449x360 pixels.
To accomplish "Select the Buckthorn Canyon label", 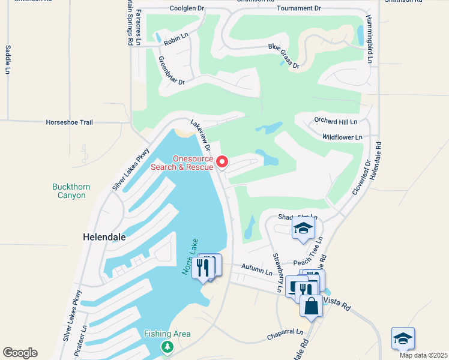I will coord(71,191).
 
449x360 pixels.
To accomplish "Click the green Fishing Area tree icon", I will coord(167,347).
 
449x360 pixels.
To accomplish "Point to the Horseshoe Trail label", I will coord(70,122).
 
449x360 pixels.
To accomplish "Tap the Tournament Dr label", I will coord(299,8).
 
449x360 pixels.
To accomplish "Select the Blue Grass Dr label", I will coord(283,56).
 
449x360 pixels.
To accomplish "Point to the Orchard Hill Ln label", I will coord(336,121).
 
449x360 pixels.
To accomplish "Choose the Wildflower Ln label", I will coord(342,137).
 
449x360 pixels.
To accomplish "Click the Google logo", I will coord(20,353).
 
